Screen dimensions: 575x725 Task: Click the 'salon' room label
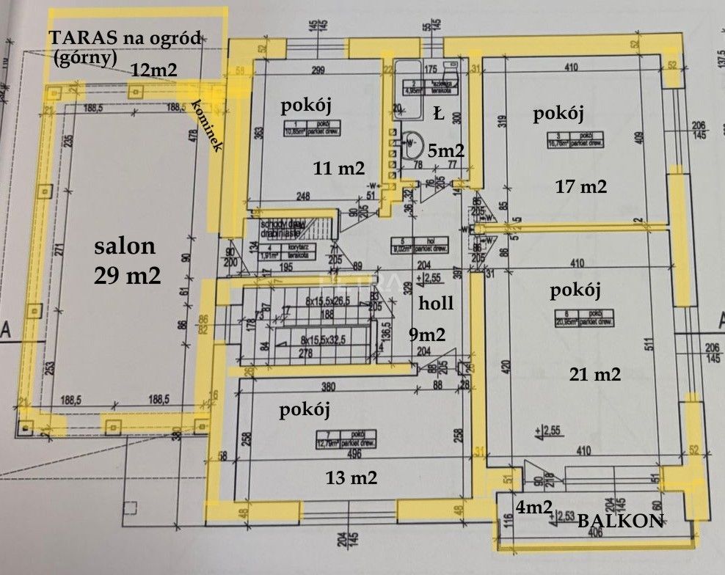point(123,247)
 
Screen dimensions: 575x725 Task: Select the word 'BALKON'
point(619,521)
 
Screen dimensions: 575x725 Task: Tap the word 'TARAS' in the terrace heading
point(79,39)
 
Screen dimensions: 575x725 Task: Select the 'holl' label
point(437,303)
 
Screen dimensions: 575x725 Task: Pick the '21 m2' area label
point(595,374)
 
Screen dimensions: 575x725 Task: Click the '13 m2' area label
point(351,478)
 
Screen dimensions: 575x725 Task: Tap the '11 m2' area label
point(339,168)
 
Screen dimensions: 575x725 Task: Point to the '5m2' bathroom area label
point(446,150)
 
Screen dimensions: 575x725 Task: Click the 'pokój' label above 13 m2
point(304,410)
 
